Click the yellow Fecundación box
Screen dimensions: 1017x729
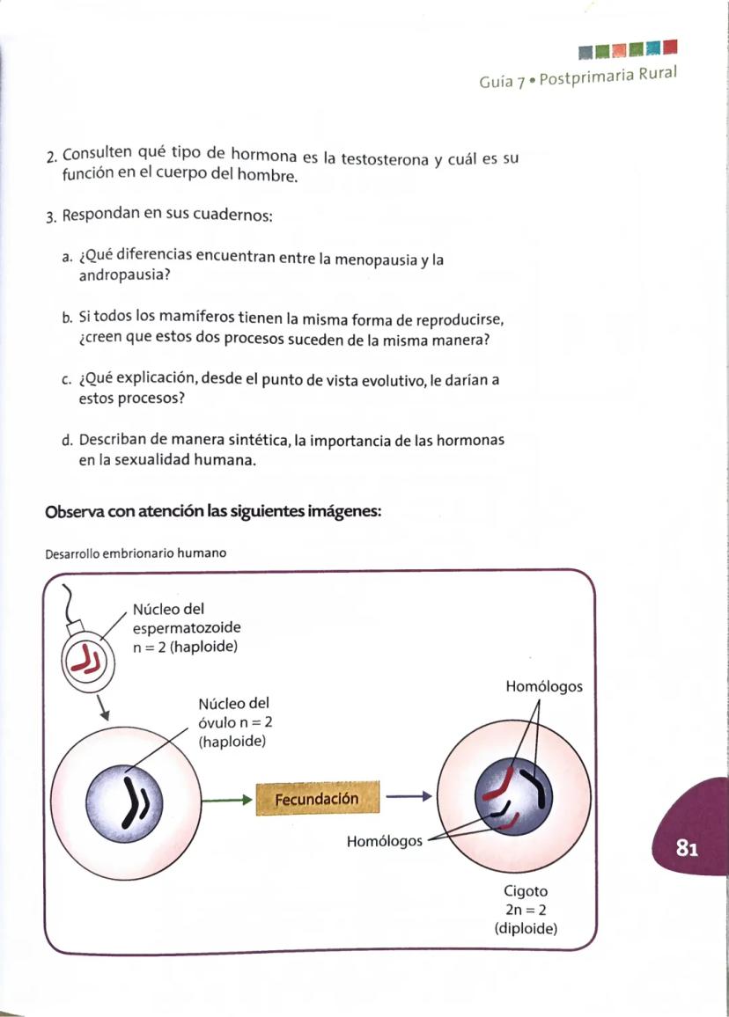pos(317,799)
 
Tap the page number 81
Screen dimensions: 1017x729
pos(687,848)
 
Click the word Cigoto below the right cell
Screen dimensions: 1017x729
pos(526,891)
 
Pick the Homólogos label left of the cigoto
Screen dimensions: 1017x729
pos(384,840)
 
